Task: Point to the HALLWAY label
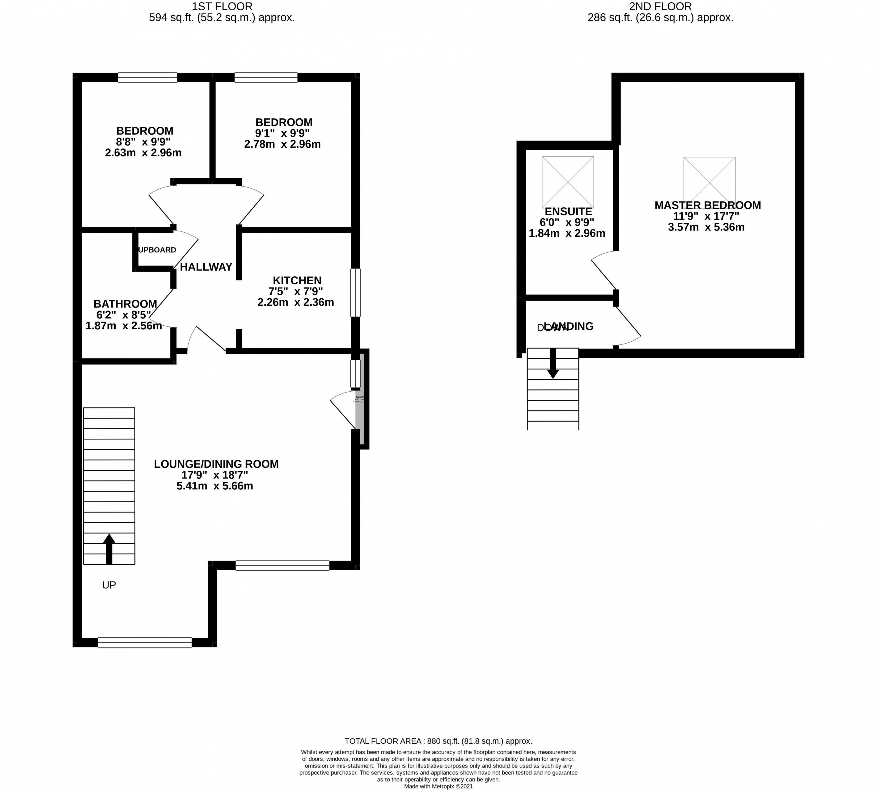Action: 206,267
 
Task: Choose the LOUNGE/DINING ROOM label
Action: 216,464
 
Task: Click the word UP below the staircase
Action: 109,585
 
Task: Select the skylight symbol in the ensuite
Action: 567,182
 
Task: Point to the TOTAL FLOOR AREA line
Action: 438,741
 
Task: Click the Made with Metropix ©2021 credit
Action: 438,786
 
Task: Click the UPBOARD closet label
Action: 157,250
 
